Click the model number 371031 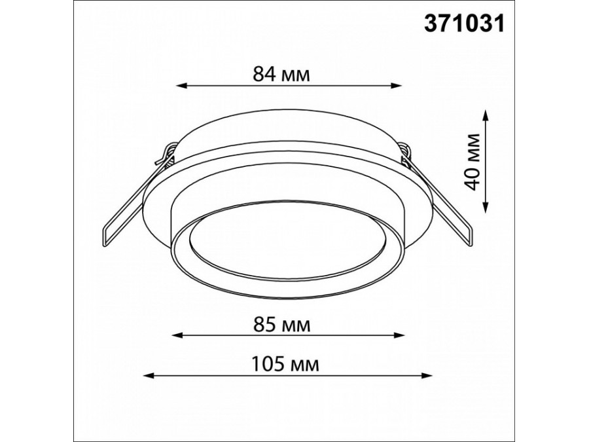[x=464, y=25]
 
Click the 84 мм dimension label [x=281, y=74]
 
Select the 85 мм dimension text [x=282, y=325]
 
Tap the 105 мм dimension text [x=285, y=364]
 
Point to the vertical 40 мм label [x=472, y=162]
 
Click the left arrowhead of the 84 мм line [x=181, y=86]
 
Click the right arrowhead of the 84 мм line [x=397, y=86]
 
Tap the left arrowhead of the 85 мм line [x=177, y=335]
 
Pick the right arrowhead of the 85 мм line [x=399, y=335]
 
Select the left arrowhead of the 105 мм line [x=149, y=375]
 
